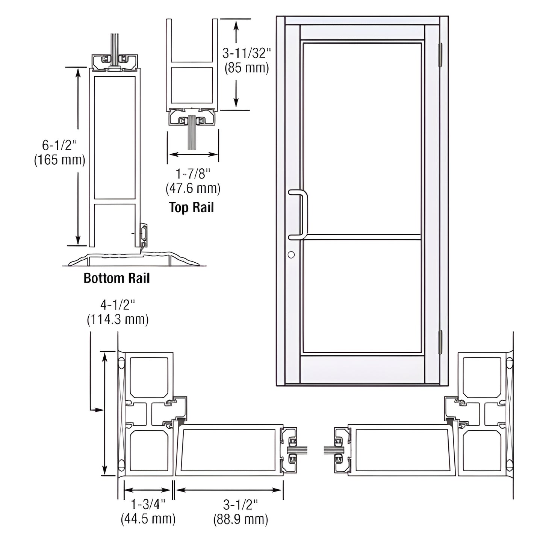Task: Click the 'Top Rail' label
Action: pos(191,207)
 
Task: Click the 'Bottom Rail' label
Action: pos(116,278)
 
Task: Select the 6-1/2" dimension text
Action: pos(60,145)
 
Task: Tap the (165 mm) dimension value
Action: pos(60,160)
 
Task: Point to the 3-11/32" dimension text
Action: pos(246,53)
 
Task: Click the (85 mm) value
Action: pos(246,68)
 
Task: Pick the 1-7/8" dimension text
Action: pos(193,174)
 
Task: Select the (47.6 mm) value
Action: pos(193,188)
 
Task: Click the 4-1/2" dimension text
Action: pos(117,304)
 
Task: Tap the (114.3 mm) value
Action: pos(117,319)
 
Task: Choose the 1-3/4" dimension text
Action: pos(148,504)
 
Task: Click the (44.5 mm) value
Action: pos(148,519)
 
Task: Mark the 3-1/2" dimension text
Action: pos(240,504)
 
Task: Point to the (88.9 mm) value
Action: pos(240,519)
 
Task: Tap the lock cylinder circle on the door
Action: pos(291,255)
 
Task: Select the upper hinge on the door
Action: pos(441,55)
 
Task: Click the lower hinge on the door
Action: pos(441,342)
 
